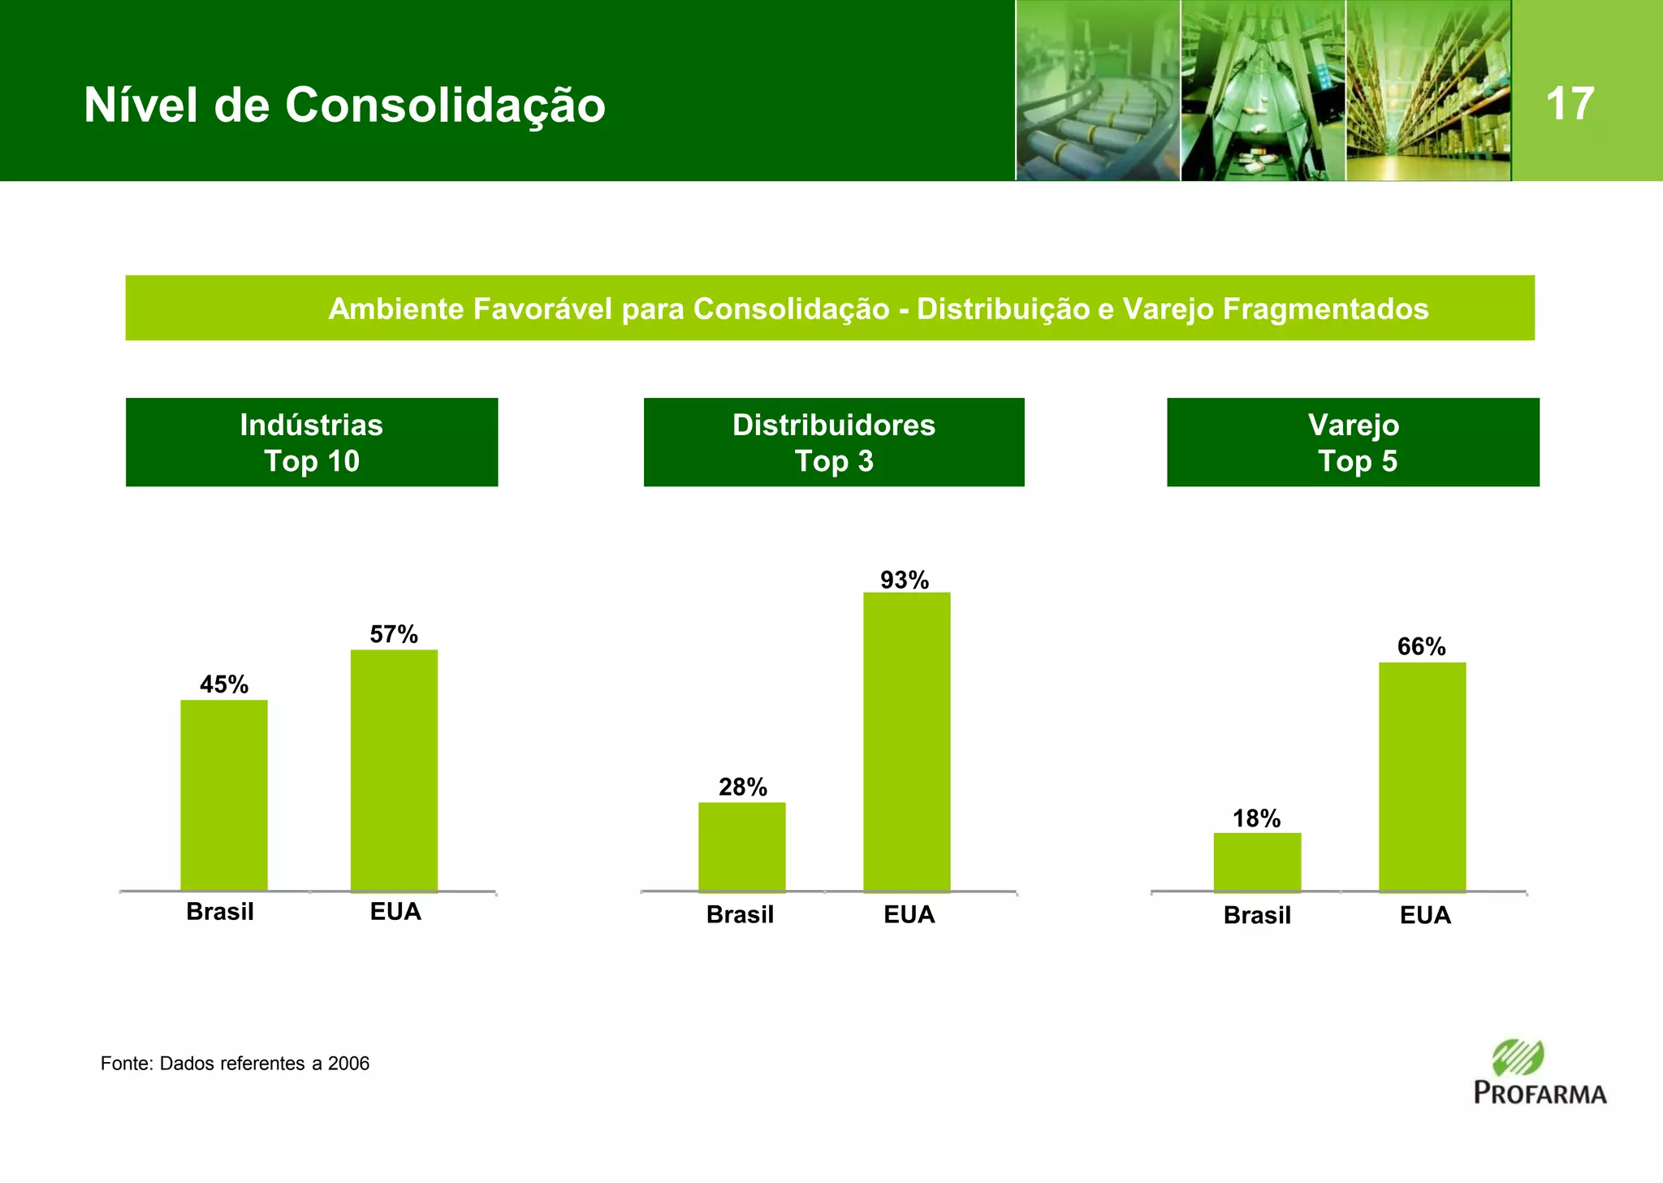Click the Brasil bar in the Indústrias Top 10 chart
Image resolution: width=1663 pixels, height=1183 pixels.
(x=223, y=795)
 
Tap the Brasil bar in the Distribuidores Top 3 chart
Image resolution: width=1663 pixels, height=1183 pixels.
(x=741, y=846)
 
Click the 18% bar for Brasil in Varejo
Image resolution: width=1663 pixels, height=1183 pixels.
(x=1257, y=861)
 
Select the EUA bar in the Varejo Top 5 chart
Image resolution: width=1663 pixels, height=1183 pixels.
(x=1422, y=776)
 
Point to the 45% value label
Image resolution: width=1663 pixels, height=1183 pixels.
(x=224, y=684)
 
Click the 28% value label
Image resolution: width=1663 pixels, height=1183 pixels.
(x=742, y=787)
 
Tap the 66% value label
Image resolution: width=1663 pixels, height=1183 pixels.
(x=1421, y=646)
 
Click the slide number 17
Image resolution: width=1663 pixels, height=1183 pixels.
(x=1570, y=104)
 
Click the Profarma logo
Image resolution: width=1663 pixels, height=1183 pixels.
(x=1540, y=1072)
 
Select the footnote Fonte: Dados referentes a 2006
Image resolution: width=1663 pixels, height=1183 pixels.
(x=235, y=1064)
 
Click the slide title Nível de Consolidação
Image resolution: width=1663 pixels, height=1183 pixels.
(x=344, y=106)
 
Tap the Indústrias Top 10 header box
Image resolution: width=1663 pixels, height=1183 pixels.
(x=312, y=443)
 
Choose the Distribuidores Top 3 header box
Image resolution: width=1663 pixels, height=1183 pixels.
(x=834, y=443)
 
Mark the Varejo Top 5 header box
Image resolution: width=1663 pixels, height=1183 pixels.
(x=1353, y=443)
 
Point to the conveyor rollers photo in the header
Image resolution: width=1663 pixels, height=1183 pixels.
(x=1097, y=91)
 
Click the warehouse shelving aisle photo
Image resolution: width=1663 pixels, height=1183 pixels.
(x=1428, y=91)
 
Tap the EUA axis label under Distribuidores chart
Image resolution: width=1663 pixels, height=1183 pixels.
(x=909, y=915)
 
